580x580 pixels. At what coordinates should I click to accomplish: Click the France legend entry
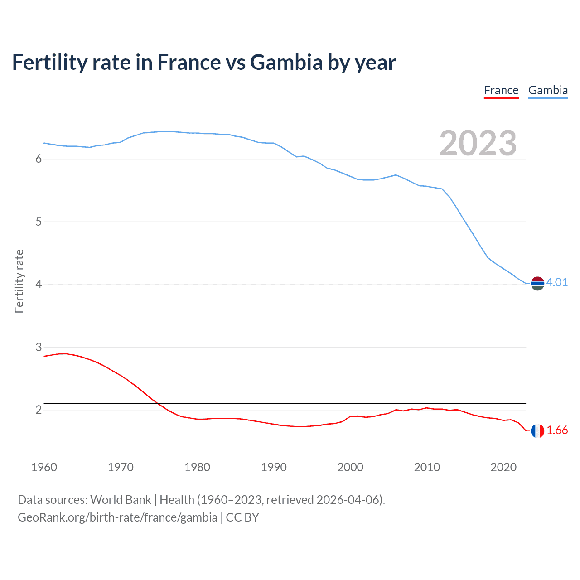[501, 90]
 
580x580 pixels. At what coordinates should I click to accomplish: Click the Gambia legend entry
[548, 90]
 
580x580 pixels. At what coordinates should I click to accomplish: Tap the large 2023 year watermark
[478, 143]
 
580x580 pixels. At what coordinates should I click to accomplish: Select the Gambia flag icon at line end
[537, 284]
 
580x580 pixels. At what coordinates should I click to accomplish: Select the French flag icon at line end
[537, 431]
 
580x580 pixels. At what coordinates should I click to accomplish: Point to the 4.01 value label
[557, 282]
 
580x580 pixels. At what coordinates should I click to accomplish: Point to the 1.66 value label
[557, 430]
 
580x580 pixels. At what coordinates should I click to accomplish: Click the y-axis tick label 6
[39, 159]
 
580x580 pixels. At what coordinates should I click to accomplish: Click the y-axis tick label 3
[39, 347]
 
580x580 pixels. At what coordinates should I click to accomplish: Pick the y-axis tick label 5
[39, 222]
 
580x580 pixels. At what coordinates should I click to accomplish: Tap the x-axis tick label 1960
[44, 467]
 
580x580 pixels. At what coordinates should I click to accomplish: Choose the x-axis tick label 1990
[274, 467]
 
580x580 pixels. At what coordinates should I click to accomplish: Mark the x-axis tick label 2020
[503, 467]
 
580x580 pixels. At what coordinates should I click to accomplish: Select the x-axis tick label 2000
[350, 467]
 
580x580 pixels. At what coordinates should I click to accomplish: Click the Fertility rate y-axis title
[19, 281]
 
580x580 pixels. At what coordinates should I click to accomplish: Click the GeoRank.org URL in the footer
[117, 517]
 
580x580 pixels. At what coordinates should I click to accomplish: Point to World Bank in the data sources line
[121, 500]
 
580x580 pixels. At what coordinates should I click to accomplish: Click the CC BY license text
[242, 517]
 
